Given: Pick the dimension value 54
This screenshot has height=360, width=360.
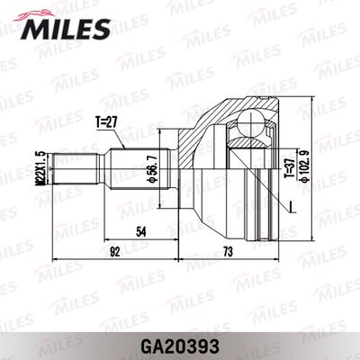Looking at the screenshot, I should pos(140,232).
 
